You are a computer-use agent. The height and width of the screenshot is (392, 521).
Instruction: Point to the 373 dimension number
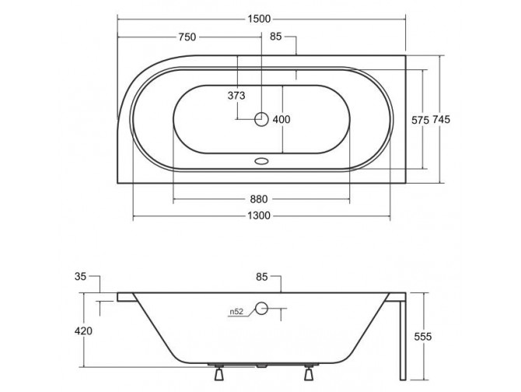click(x=237, y=96)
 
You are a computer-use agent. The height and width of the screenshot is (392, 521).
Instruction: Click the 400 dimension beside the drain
click(x=281, y=119)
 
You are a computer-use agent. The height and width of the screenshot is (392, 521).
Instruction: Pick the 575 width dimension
click(x=421, y=119)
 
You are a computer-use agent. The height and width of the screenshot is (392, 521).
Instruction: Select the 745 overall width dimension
click(x=442, y=119)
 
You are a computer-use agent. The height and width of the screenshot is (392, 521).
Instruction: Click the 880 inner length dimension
click(x=261, y=198)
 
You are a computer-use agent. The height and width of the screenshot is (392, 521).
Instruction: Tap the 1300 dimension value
click(x=261, y=216)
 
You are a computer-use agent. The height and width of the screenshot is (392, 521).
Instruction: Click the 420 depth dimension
click(x=85, y=331)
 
